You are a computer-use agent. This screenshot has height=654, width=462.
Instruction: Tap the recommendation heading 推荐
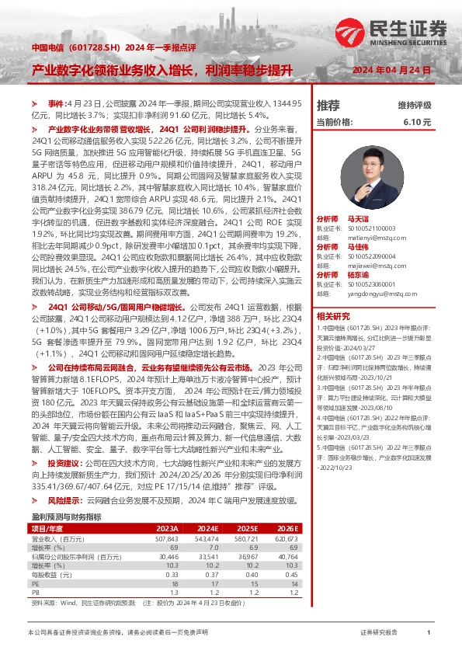[x=328, y=105]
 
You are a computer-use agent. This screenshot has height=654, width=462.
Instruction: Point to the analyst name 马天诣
[x=357, y=220]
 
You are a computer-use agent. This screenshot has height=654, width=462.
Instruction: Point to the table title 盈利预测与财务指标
[x=66, y=495]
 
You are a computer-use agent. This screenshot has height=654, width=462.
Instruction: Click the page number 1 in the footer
[x=429, y=633]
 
